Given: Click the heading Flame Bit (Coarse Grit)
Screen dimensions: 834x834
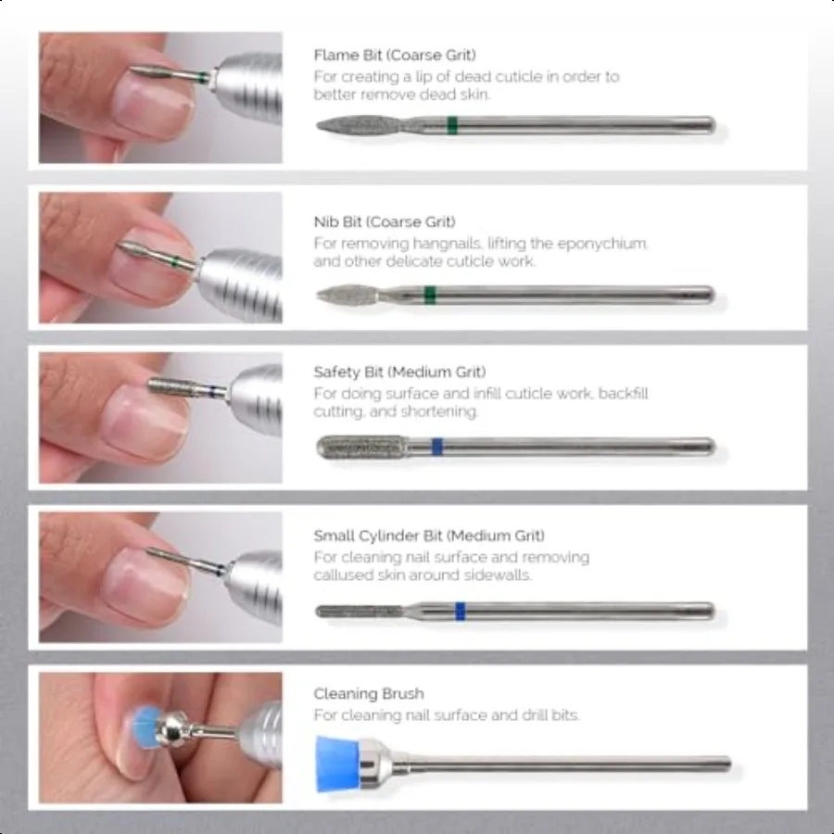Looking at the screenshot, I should coord(395,55).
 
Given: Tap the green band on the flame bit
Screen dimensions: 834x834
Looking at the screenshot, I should coord(451,125).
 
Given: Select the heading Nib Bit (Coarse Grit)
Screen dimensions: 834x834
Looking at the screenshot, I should coord(385,221).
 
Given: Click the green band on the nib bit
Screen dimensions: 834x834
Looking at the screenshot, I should coord(430,296).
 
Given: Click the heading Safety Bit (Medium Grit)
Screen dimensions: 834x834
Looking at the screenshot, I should coord(399,373).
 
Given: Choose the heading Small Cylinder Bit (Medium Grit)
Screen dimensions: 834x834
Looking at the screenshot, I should coord(429,536).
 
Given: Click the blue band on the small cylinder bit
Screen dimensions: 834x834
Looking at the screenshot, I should coord(460,611).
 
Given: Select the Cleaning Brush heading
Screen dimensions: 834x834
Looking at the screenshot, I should coord(368,693).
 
